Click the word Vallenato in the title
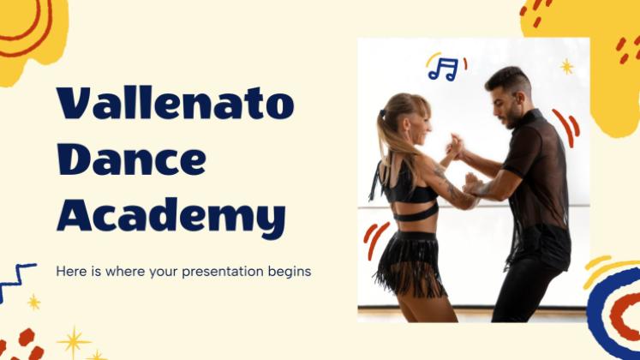[x=176, y=103]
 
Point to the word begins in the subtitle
[x=290, y=273]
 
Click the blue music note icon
[x=443, y=69]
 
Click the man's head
[x=509, y=96]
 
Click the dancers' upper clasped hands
[x=455, y=146]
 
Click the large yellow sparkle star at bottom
[x=74, y=342]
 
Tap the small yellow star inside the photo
[x=566, y=67]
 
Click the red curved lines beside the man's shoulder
[x=566, y=128]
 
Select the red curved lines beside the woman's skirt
[x=374, y=240]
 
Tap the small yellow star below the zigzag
[x=34, y=303]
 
